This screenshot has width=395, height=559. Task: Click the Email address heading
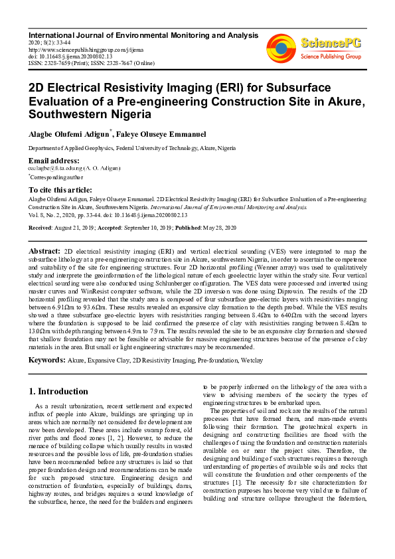click(x=54, y=161)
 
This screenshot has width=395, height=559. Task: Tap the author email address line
click(x=74, y=169)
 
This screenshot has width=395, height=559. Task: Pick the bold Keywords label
click(x=46, y=359)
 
